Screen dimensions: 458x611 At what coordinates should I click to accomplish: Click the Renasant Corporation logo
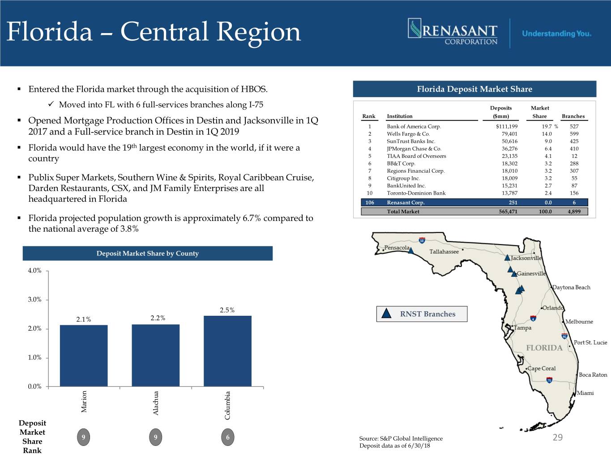(453, 32)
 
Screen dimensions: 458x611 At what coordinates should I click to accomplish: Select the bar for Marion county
(84, 356)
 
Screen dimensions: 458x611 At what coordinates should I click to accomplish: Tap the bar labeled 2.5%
(227, 351)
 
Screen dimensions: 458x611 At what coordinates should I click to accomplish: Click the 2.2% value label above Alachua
(158, 318)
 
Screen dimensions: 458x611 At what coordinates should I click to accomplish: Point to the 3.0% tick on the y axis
(34, 300)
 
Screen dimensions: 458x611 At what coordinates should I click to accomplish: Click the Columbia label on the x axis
(227, 405)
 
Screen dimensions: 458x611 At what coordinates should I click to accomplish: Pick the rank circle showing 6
(227, 437)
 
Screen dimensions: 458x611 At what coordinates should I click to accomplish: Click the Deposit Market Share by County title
(147, 254)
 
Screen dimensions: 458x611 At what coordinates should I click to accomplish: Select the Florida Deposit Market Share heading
(474, 89)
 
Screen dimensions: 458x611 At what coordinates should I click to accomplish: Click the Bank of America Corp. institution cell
(414, 127)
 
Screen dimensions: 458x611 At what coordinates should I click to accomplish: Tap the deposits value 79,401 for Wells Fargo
(509, 134)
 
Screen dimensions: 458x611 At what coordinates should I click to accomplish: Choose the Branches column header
(573, 116)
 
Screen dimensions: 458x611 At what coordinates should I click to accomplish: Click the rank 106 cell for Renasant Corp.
(370, 203)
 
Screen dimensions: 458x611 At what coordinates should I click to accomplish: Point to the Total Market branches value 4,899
(574, 212)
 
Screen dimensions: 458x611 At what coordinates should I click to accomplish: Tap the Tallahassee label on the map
(444, 251)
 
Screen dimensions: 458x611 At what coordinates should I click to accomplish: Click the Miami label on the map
(585, 393)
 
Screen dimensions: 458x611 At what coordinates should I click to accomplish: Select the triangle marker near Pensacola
(411, 250)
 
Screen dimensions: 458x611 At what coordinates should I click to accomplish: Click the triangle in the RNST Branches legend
(386, 314)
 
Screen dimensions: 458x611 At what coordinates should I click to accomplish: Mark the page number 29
(557, 437)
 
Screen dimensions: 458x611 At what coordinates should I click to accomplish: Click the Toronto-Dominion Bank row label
(416, 193)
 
